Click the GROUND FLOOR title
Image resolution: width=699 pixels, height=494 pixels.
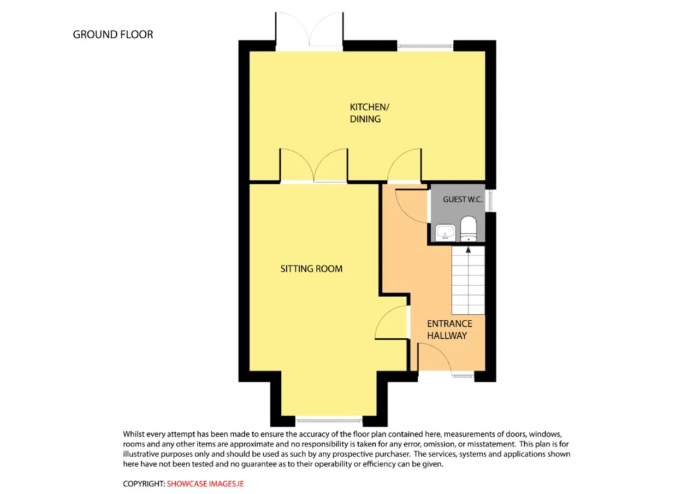coord(113,34)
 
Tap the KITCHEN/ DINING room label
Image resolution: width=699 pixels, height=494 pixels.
coord(370,113)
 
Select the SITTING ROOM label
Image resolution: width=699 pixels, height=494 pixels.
coord(311,268)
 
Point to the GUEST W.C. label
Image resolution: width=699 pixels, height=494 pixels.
coord(463,199)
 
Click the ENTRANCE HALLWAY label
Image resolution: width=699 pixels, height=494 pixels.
coord(449,330)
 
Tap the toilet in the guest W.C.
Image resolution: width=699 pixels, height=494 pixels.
coord(469,228)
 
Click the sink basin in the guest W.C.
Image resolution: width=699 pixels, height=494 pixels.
coord(445,233)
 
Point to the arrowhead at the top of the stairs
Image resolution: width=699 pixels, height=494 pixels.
coord(468,250)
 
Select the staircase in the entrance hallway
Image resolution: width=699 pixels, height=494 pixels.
coord(468,280)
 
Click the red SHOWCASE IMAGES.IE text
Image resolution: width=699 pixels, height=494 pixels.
coord(205,484)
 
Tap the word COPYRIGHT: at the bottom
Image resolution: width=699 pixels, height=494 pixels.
coord(144,484)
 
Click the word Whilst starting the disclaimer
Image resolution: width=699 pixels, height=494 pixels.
coord(134,434)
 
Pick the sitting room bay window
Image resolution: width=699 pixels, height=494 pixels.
coord(329,421)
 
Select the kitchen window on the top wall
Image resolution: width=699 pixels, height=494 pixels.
coord(425,46)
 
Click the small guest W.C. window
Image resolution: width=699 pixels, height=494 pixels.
coord(490,201)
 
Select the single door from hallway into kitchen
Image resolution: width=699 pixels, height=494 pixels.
coord(404,164)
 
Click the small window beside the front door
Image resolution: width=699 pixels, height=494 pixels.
coord(463,375)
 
